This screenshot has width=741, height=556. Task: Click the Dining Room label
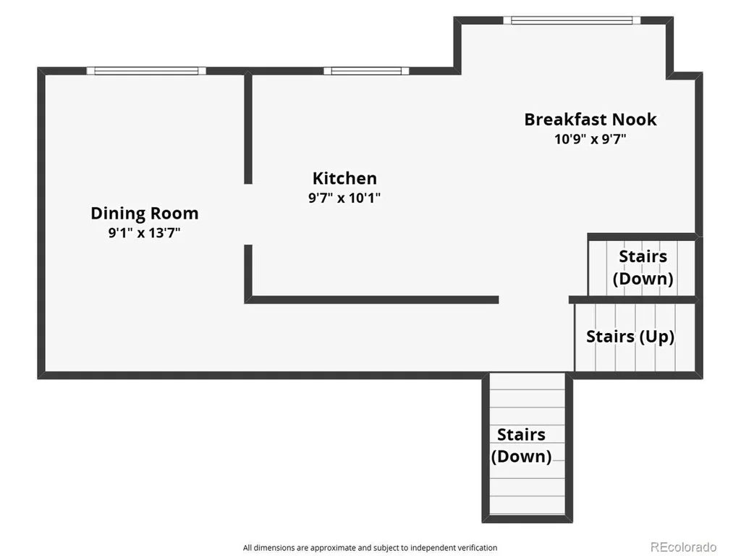(145, 214)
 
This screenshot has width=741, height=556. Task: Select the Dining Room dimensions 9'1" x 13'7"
(145, 232)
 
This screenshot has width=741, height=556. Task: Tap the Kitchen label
(344, 178)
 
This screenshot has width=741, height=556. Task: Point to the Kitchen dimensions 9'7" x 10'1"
(344, 198)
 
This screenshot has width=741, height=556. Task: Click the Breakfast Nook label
(590, 119)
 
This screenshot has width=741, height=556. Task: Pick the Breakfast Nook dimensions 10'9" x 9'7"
(590, 139)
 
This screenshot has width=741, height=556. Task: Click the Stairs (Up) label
(630, 337)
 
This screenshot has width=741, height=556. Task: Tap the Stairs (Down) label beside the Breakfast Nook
(643, 267)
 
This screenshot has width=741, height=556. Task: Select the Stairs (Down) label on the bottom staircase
(521, 445)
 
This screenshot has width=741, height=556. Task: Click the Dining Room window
(146, 71)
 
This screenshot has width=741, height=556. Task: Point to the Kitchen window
(366, 71)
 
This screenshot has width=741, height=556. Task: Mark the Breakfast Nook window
(572, 20)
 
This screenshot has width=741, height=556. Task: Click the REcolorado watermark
(683, 547)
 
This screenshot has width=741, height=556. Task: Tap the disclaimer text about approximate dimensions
(370, 547)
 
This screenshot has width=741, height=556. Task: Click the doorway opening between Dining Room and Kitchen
(248, 214)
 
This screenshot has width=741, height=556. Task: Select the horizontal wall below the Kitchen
(371, 300)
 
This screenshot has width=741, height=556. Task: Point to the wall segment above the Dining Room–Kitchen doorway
(248, 127)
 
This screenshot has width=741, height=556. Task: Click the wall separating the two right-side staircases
(633, 300)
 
